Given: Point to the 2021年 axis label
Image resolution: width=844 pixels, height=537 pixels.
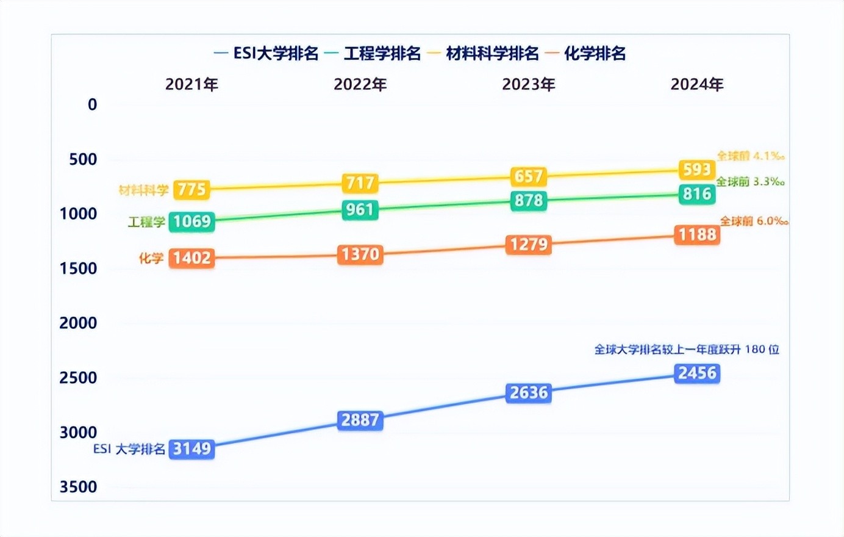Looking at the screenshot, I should tap(191, 84).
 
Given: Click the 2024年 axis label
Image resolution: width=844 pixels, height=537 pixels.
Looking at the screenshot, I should tap(697, 84).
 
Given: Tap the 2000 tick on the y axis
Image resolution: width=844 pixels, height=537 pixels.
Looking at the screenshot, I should tap(78, 323).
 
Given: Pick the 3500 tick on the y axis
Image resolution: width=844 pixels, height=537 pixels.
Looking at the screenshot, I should tap(78, 487).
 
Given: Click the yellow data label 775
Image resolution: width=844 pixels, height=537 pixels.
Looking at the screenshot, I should tap(191, 190).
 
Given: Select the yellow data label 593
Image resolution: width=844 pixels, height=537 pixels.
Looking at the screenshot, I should tap(697, 169).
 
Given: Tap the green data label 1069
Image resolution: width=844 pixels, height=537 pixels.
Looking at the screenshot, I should tap(191, 222).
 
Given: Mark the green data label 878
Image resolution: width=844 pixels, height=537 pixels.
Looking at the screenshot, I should tap(529, 201).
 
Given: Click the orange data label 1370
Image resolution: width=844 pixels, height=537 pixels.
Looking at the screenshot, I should tap(360, 254).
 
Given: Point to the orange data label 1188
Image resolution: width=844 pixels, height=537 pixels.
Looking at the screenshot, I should tap(697, 234).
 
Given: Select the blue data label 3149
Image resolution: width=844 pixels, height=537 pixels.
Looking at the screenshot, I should tap(191, 449).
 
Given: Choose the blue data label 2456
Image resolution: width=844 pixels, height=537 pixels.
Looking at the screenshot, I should tap(697, 373).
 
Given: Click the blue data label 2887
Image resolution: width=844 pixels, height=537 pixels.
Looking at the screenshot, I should tap(360, 420).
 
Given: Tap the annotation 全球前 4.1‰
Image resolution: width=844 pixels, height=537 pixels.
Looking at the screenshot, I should tap(750, 156).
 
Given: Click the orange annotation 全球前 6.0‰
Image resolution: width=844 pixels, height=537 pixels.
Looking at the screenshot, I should tap(754, 221).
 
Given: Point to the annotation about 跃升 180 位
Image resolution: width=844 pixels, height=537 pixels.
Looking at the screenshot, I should tap(687, 350).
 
